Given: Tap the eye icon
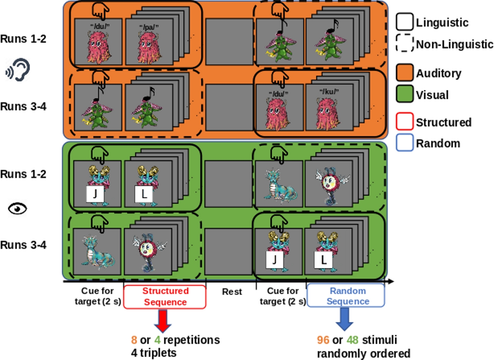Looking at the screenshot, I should coord(18,209).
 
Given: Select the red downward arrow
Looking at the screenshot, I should coord(162,320).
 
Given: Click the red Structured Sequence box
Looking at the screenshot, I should coord(165,297).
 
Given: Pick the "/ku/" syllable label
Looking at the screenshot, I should coord(329,91).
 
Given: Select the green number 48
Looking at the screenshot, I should coord(353,340).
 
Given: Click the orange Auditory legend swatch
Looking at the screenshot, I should coord(404,74).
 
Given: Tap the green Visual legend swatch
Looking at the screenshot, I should coord(404,96).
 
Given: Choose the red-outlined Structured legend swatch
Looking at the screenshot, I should coord(404,122).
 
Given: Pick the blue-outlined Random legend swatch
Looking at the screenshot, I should coord(404,143).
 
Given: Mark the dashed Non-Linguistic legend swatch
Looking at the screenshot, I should coord(404,44).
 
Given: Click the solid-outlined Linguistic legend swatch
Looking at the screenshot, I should coord(404,22).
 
